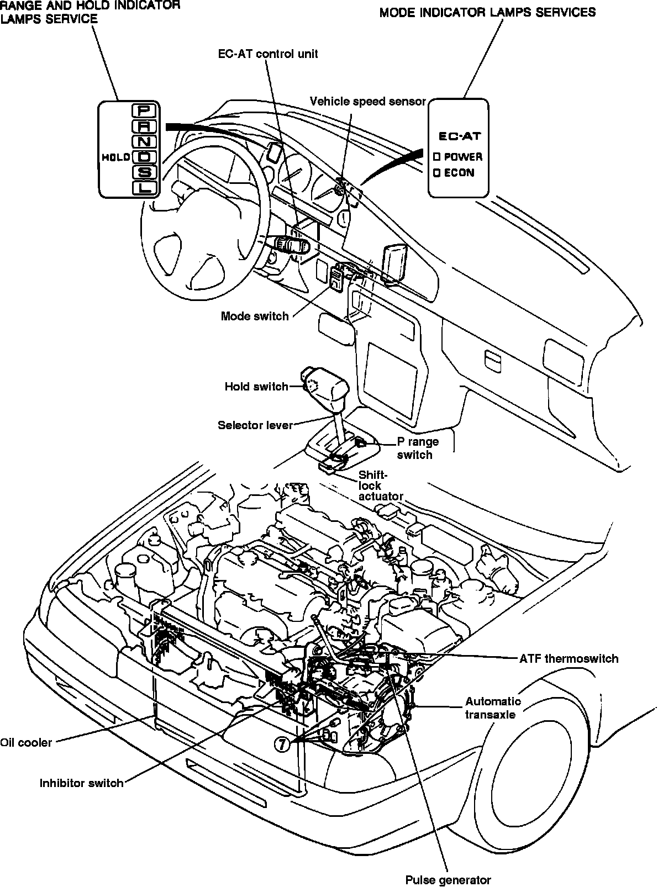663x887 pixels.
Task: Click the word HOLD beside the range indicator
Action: pos(116,157)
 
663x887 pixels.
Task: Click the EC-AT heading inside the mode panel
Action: pos(460,136)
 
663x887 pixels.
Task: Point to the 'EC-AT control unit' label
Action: pos(268,54)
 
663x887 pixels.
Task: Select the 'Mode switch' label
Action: pos(255,316)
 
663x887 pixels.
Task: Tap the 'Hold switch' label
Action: pos(256,387)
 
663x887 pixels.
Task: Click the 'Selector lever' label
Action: pos(255,425)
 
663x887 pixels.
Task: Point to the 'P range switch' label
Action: pos(417,448)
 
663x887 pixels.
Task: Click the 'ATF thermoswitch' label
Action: pos(569,658)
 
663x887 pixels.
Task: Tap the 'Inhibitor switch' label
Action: pos(82,783)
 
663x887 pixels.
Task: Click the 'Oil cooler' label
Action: pos(25,743)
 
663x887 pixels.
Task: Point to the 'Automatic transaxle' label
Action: pos(493,708)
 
